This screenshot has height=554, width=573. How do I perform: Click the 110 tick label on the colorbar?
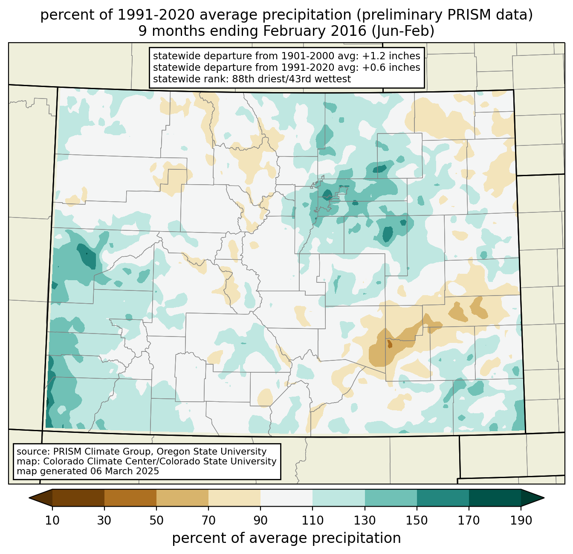click(313, 521)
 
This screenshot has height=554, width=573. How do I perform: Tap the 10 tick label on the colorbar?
click(52, 521)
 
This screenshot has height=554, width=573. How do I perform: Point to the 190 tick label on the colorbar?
click(521, 521)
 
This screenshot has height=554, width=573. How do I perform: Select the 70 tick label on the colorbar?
click(208, 521)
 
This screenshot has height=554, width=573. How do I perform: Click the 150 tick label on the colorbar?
click(417, 521)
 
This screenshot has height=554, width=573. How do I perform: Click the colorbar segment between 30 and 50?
click(130, 498)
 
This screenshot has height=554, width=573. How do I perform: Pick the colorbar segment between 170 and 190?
click(495, 498)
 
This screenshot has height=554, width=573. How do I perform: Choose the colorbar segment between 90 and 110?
click(286, 498)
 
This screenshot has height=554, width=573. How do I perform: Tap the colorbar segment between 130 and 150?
click(391, 498)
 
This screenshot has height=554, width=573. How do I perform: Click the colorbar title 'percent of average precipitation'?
click(286, 538)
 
